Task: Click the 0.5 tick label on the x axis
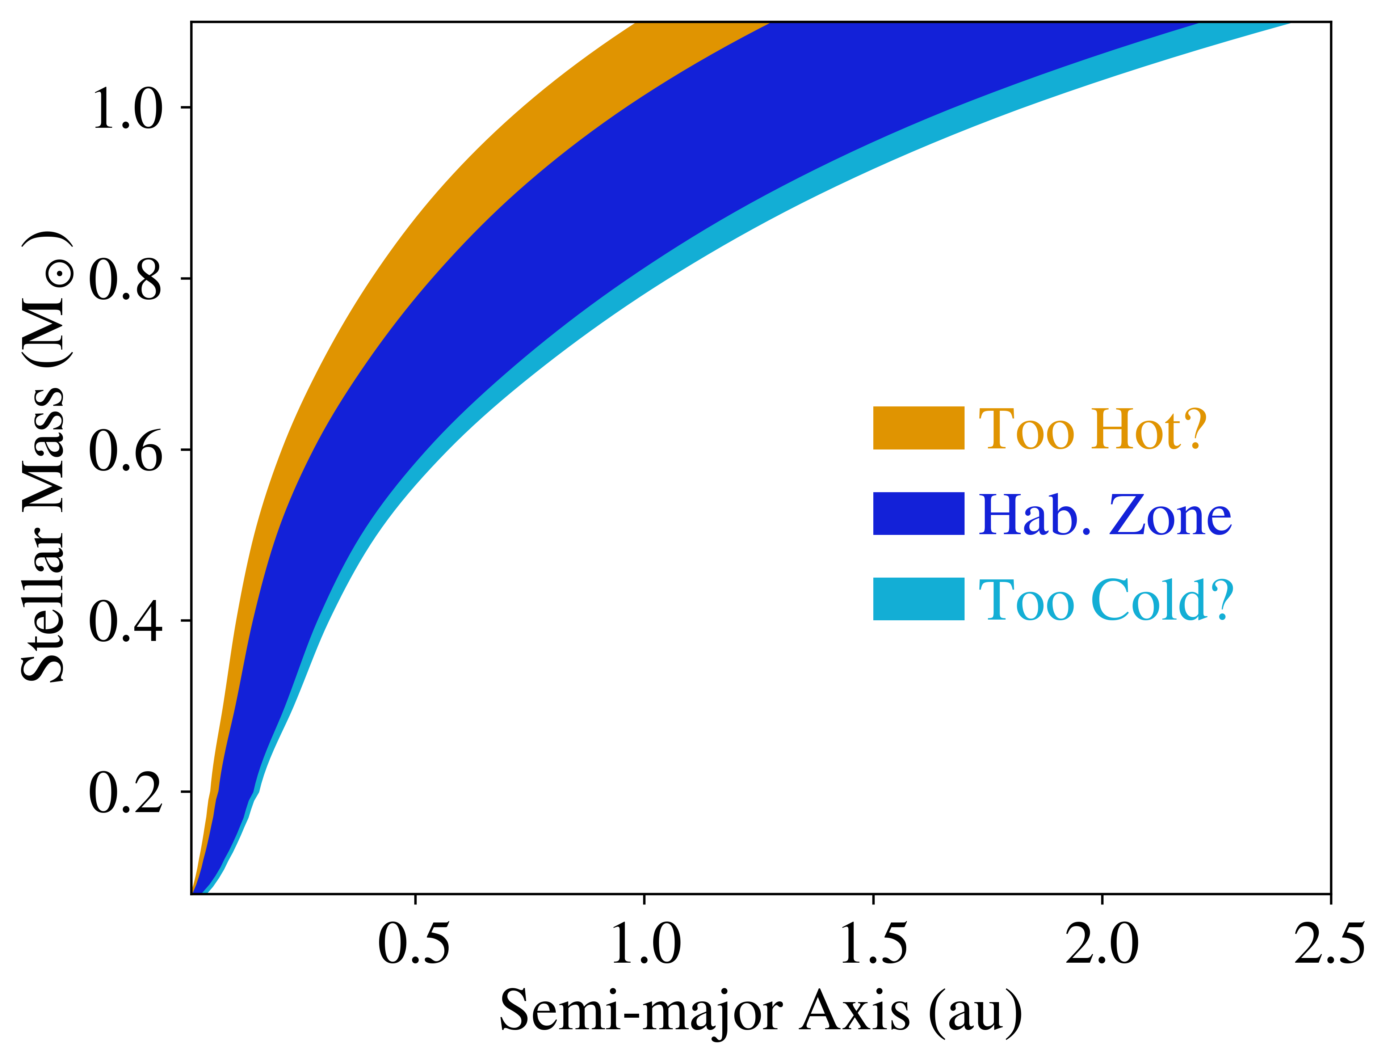tap(414, 944)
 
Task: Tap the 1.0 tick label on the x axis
tap(645, 944)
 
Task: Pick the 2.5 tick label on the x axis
tap(1329, 944)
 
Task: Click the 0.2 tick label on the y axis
tap(125, 792)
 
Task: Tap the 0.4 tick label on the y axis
tap(125, 621)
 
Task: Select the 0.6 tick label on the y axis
tap(125, 450)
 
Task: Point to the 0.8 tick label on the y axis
tap(125, 279)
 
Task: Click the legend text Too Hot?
tap(1093, 429)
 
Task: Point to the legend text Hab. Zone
tap(1105, 515)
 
